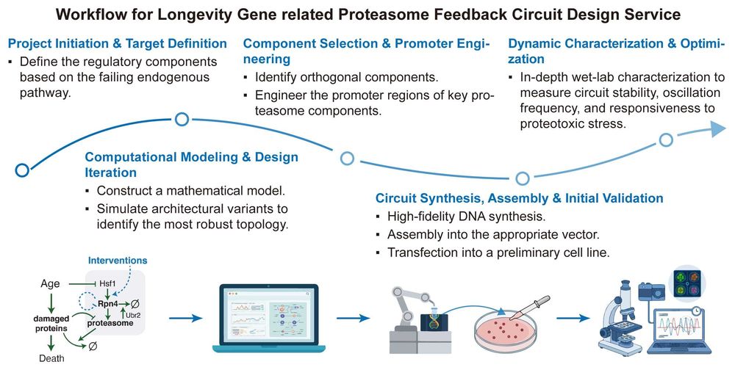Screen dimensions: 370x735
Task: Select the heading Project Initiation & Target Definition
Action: (117, 43)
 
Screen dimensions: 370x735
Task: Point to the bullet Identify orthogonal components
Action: (346, 77)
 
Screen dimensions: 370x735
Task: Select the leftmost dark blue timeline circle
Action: (22, 170)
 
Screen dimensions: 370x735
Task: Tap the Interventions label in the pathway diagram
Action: (118, 261)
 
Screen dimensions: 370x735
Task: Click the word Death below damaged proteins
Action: (51, 359)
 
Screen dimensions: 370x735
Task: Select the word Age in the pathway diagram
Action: (50, 283)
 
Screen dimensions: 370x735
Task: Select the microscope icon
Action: (621, 319)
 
